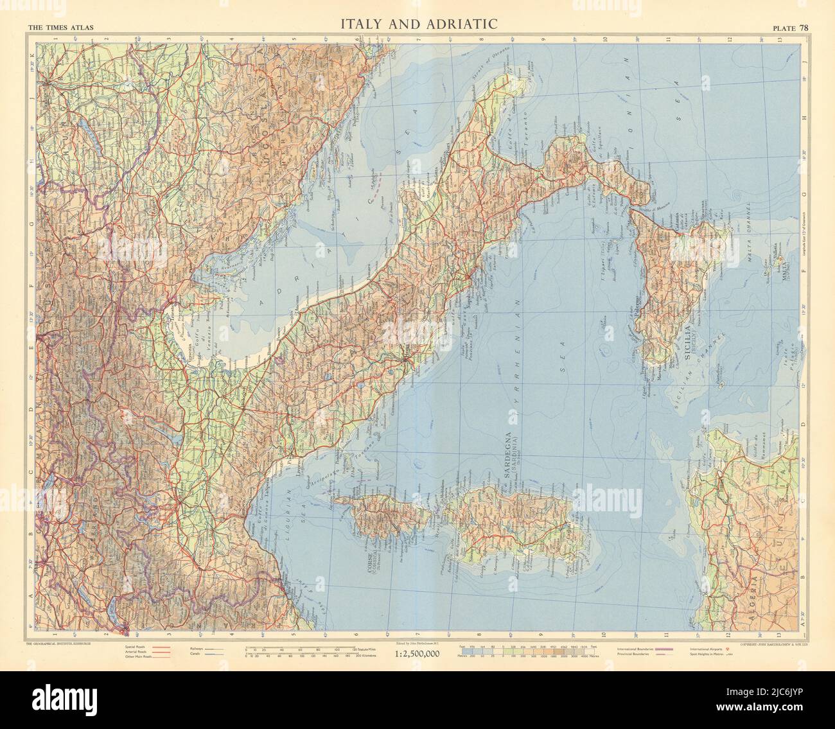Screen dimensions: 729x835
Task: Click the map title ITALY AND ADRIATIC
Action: [419, 24]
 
